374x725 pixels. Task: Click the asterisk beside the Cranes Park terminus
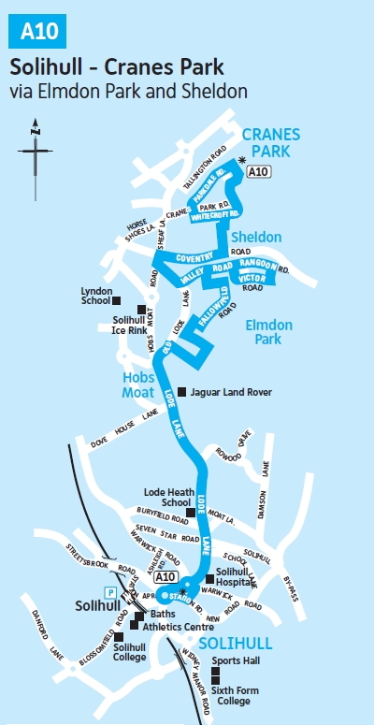click(x=241, y=161)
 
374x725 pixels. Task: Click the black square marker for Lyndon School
click(x=117, y=300)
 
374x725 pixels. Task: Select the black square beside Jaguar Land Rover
click(x=182, y=392)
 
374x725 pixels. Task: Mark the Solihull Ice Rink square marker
click(x=142, y=310)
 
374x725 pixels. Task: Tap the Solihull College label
click(x=129, y=652)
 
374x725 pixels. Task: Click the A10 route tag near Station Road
click(x=166, y=576)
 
